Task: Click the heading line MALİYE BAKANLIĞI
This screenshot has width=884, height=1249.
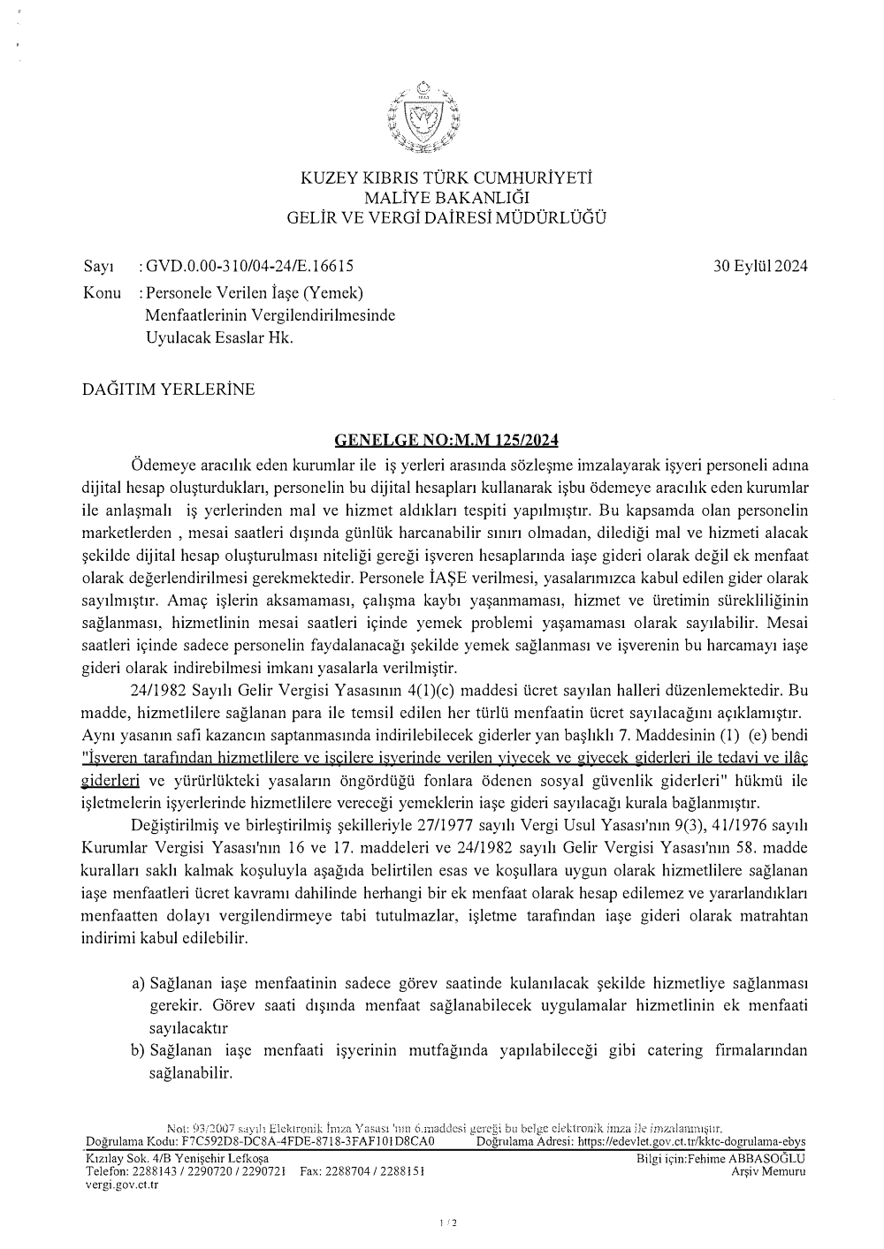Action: point(446,198)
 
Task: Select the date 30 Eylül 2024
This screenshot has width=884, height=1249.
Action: point(760,266)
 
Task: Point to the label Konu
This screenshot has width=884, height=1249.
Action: point(102,291)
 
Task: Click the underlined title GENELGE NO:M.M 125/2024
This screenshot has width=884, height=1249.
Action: point(446,439)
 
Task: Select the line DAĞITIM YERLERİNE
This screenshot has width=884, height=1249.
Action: point(168,389)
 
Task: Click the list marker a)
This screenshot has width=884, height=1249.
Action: point(138,982)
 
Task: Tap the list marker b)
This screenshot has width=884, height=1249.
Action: point(138,1050)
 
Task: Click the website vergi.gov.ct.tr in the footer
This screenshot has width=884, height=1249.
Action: point(121,1185)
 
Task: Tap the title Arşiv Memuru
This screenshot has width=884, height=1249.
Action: point(768,1171)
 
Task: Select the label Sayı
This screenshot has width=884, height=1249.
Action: point(94,266)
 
